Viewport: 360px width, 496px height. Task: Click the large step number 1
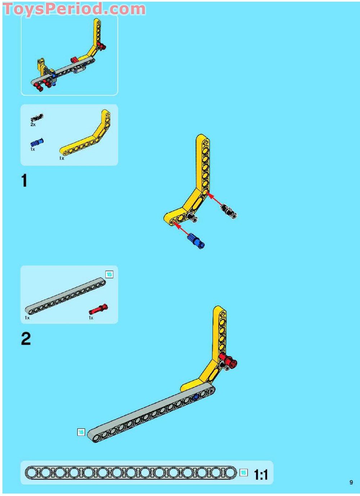pos(24,181)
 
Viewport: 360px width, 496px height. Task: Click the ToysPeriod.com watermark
pos(75,9)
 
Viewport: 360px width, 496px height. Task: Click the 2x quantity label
pos(33,125)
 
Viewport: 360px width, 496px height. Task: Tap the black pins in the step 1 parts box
pos(37,117)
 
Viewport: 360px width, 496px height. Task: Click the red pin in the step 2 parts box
pos(98,309)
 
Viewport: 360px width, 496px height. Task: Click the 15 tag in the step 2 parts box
pos(109,274)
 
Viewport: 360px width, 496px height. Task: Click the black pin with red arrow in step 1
pos(229,211)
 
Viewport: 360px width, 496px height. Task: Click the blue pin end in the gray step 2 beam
pos(195,397)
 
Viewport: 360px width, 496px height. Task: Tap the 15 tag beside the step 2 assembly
pos(81,432)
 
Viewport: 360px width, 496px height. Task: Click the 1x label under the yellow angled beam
pos(62,158)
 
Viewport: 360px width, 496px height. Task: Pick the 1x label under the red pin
pos(91,318)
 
